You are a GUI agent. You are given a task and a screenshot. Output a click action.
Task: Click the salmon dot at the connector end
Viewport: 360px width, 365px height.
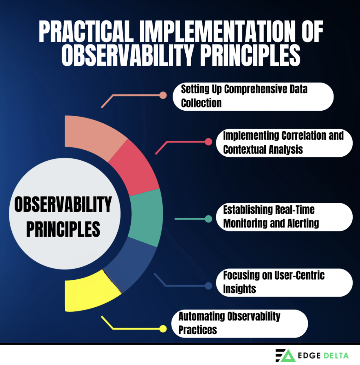163,95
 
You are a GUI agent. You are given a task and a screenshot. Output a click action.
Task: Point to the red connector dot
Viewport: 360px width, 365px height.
208,142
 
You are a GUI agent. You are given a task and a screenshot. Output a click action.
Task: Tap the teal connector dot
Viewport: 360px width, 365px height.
208,219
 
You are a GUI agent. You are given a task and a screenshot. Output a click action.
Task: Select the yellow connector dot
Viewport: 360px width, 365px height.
163,329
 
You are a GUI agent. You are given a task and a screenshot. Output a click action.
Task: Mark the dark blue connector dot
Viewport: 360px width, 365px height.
208,286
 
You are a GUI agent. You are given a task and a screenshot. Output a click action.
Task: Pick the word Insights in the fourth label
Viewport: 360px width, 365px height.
239,289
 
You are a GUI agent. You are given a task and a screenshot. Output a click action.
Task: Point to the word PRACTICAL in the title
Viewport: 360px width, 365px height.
86,31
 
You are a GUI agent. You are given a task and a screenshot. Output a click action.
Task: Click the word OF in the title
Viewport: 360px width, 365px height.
312,31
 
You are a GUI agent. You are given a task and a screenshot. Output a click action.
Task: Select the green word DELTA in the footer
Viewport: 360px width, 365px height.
336,355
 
